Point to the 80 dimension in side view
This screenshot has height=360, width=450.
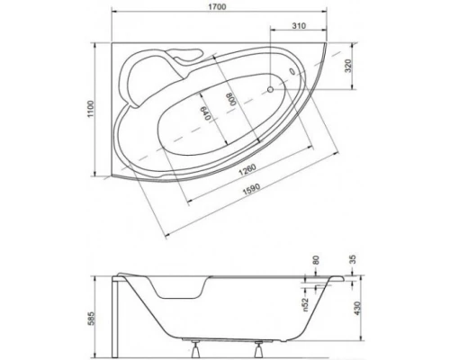[316, 262]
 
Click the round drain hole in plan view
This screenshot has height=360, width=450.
[273, 90]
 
